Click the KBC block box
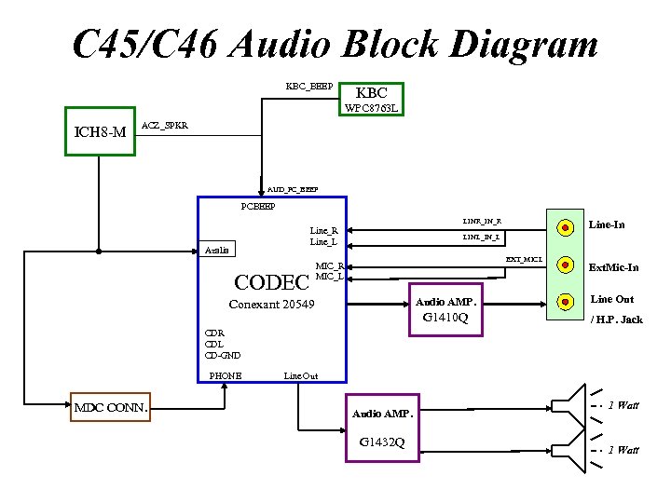(x=372, y=93)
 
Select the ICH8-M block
(x=99, y=132)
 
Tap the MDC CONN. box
(x=110, y=407)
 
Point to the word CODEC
(x=271, y=281)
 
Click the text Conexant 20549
(x=271, y=306)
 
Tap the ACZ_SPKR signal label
(x=164, y=125)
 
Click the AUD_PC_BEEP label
(x=292, y=189)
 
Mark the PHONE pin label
(x=226, y=375)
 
